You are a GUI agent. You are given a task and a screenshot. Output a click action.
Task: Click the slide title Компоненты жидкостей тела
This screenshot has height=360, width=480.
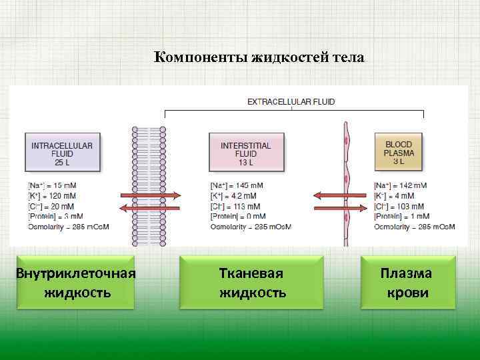pyautogui.click(x=259, y=57)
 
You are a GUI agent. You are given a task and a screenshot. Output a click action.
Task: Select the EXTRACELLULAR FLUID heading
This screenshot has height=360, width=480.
pyautogui.click(x=291, y=102)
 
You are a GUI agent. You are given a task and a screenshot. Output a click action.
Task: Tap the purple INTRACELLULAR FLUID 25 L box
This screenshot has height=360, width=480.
pyautogui.click(x=62, y=153)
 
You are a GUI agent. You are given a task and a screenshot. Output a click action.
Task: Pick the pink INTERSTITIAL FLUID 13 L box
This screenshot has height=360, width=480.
pyautogui.click(x=245, y=153)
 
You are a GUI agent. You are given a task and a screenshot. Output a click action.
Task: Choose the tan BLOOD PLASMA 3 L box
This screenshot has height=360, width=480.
pyautogui.click(x=399, y=153)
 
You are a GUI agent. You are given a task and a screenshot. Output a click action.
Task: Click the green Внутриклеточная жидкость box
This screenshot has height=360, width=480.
pyautogui.click(x=76, y=283)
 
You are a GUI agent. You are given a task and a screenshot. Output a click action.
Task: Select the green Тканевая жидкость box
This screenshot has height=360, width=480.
pyautogui.click(x=252, y=283)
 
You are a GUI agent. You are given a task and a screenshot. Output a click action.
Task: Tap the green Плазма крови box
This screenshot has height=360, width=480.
pyautogui.click(x=407, y=283)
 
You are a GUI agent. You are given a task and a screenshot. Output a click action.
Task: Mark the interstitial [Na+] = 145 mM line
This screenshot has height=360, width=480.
pyautogui.click(x=236, y=185)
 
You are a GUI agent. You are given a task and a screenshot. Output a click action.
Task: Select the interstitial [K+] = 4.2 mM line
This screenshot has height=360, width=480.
pyautogui.click(x=233, y=196)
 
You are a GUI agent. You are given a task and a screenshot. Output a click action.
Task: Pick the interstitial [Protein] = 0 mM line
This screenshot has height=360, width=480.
pyautogui.click(x=237, y=216)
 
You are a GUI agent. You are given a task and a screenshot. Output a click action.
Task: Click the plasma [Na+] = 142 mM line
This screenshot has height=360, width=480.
pyautogui.click(x=400, y=185)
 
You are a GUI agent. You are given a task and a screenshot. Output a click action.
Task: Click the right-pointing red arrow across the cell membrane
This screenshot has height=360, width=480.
pyautogui.click(x=151, y=195)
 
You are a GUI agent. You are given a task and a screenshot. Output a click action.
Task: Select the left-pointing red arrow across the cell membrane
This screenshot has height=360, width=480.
pyautogui.click(x=149, y=208)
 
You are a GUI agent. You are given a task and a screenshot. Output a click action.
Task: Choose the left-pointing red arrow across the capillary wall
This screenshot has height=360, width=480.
pyautogui.click(x=340, y=195)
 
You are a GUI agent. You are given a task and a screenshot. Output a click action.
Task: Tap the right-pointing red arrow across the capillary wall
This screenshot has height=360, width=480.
pyautogui.click(x=340, y=208)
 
